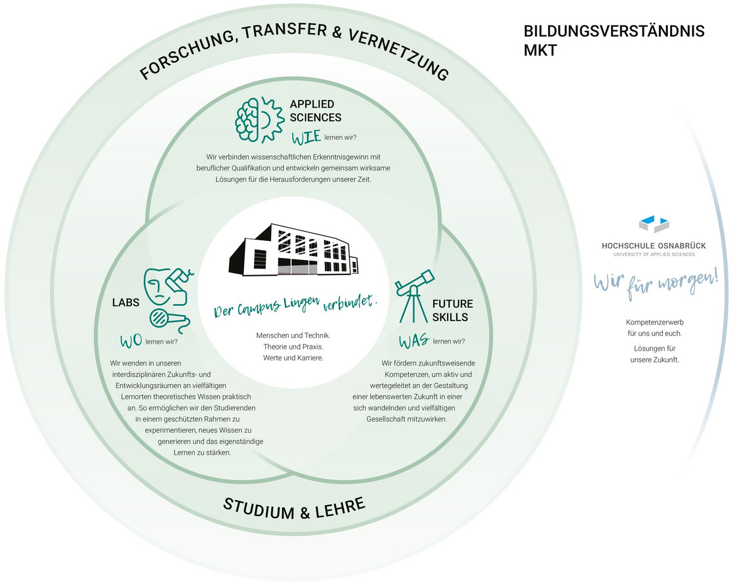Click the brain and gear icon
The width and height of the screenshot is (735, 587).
click(x=259, y=120)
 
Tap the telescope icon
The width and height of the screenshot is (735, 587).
click(x=413, y=296)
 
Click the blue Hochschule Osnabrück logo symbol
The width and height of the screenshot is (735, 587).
click(x=654, y=224)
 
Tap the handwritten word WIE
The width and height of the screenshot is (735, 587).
click(x=306, y=137)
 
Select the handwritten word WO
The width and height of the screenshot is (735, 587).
click(x=131, y=341)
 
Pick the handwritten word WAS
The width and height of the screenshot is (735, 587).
click(x=414, y=341)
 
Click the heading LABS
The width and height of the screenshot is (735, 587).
click(x=125, y=303)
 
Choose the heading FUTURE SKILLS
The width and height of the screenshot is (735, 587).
click(x=452, y=311)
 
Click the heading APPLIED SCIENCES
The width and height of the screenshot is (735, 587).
click(x=316, y=111)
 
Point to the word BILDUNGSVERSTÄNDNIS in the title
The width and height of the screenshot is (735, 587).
click(x=614, y=32)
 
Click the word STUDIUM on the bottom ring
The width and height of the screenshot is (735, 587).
click(x=259, y=509)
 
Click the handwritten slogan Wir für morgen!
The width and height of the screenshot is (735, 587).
click(x=656, y=283)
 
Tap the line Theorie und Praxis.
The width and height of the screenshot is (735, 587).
click(x=293, y=347)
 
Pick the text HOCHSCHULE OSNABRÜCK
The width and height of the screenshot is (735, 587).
click(x=654, y=246)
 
